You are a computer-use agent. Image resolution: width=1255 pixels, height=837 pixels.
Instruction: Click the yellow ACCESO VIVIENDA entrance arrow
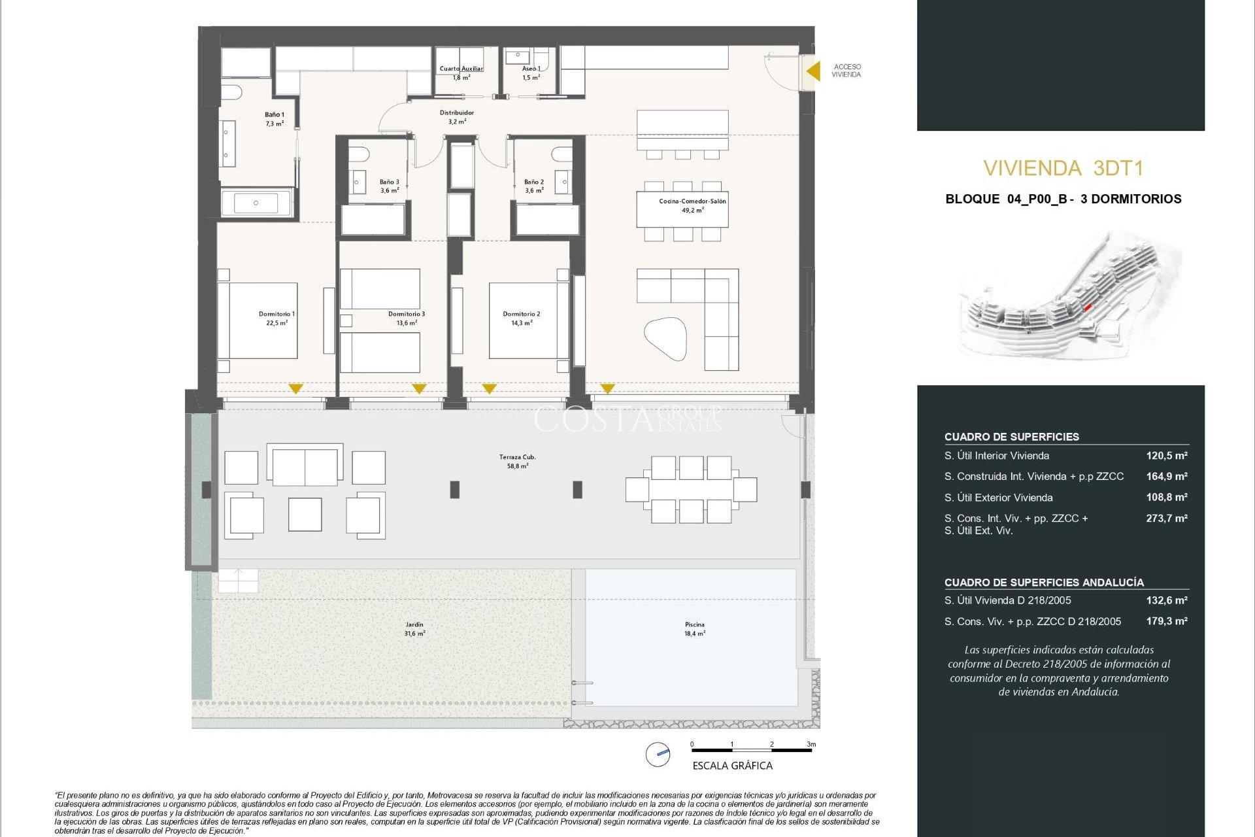coord(813,71)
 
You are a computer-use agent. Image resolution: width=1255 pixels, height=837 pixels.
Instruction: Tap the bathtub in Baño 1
coord(256,203)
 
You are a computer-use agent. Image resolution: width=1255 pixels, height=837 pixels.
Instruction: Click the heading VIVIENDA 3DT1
coord(1063,169)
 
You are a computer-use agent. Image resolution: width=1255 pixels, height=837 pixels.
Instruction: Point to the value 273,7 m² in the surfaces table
coord(1166,519)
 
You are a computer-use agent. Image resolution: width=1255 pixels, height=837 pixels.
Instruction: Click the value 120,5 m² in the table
coord(1166,456)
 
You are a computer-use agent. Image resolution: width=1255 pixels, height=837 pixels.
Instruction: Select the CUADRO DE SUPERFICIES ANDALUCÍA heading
coord(1044,582)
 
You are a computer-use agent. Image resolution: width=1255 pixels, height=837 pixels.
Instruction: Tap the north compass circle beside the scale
coord(658,754)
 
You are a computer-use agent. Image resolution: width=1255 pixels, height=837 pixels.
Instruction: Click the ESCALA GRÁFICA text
coord(732,766)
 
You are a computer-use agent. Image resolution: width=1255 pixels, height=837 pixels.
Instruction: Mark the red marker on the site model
coord(1088,307)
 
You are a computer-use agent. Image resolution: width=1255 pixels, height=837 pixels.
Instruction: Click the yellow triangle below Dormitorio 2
coord(489,388)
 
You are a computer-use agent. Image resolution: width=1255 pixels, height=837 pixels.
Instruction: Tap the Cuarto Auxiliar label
coord(461,69)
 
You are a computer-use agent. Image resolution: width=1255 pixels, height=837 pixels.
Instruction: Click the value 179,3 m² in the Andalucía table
coord(1166,621)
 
